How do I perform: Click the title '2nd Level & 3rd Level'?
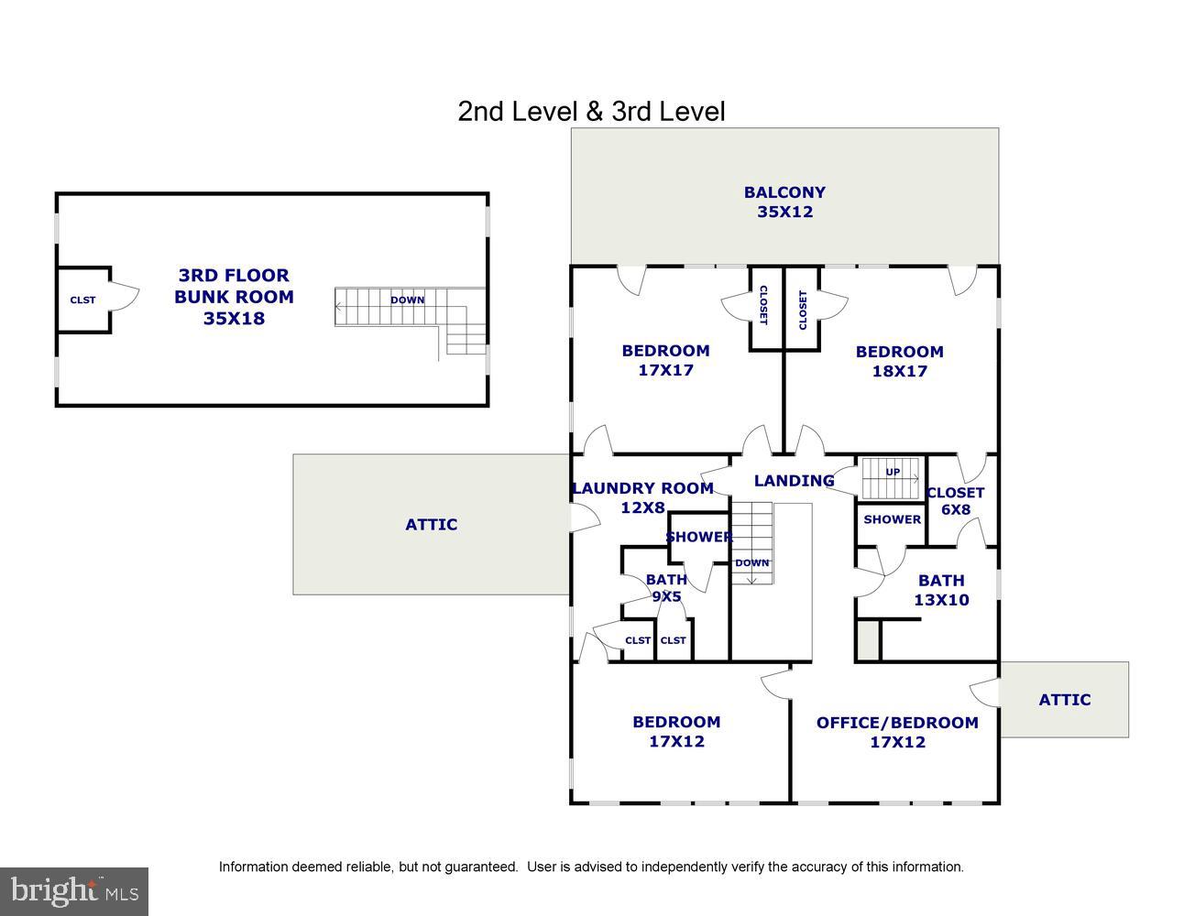click(591, 112)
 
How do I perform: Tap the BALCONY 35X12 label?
click(784, 202)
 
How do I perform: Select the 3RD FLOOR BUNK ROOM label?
click(234, 296)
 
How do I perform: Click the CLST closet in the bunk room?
click(82, 300)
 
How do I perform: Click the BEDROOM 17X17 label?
click(665, 360)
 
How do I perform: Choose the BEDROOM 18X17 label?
click(899, 361)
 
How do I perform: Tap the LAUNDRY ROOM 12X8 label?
click(642, 497)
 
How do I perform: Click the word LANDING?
click(794, 480)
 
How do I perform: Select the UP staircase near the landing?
click(891, 476)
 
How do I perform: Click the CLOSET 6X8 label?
click(955, 500)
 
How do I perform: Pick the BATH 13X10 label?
click(941, 590)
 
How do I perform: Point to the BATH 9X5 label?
click(666, 587)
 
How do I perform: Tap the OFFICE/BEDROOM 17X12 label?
click(897, 732)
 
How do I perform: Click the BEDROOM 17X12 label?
click(676, 731)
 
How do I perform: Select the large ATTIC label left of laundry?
click(431, 524)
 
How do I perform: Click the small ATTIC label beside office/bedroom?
click(1064, 699)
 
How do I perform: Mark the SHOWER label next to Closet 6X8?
click(892, 519)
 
